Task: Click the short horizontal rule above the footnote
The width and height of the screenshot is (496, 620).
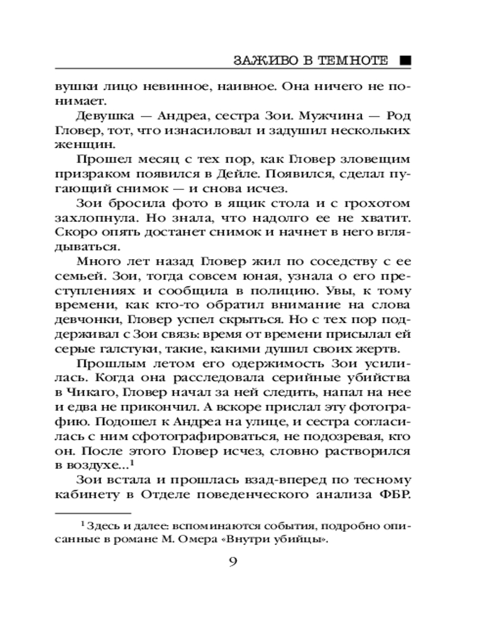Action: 93,513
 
